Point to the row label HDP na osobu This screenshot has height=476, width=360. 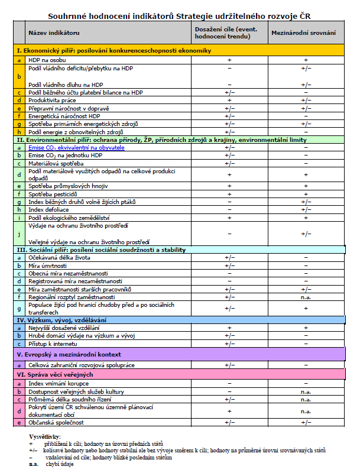[x=47, y=60]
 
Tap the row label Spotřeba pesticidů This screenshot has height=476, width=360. [x=54, y=194]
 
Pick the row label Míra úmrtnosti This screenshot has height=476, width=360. [x=49, y=266]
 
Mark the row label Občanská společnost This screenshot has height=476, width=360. [x=56, y=423]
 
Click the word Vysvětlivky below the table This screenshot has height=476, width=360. [x=45, y=436]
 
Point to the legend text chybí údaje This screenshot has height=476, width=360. [x=60, y=465]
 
